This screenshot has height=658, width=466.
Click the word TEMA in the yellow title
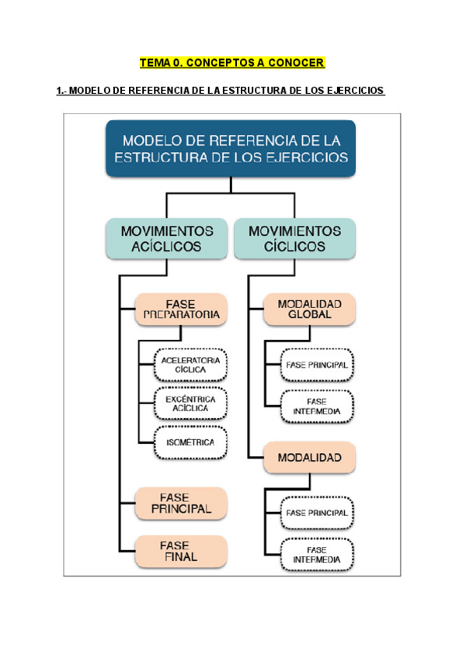pos(155,62)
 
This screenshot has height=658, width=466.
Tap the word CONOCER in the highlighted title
pos(296,62)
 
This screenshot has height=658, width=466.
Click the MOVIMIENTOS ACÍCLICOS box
pos(167,238)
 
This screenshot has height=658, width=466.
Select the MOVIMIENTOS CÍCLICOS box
pos(294,238)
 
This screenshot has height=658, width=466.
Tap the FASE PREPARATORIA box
pos(180,309)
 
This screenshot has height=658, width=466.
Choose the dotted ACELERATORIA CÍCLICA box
pos(191,365)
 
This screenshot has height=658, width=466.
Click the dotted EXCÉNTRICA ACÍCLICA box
pos(191,403)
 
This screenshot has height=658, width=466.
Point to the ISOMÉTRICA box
pos(191,442)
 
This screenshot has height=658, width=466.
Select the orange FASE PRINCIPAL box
pos(180,503)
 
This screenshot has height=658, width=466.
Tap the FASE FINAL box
pos(180,550)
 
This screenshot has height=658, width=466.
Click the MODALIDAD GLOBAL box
pos(309,309)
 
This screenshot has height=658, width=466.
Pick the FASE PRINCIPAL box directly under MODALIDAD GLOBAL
pos(316,364)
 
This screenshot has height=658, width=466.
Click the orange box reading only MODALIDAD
pos(309,458)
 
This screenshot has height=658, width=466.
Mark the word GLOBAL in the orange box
pos(309,315)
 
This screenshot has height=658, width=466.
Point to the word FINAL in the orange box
pos(180,556)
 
